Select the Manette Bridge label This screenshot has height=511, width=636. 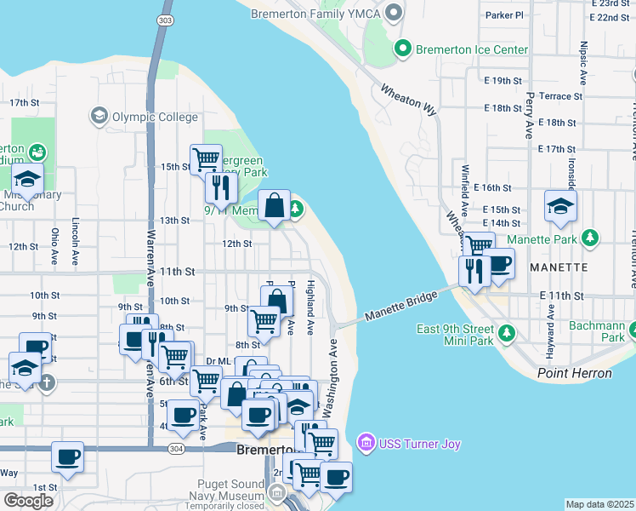coord(400,305)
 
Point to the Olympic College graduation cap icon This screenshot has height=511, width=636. coord(99,115)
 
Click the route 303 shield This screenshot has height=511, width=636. coord(165,19)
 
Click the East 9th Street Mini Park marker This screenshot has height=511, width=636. coord(507,330)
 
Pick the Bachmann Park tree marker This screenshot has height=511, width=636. coord(633,327)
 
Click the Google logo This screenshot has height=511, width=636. coord(29,501)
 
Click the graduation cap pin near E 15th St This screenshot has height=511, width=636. coord(561,207)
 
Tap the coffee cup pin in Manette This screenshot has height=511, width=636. coord(499,263)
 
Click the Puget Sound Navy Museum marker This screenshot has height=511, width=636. coord(276,491)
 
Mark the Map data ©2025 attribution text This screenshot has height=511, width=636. coord(599,504)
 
